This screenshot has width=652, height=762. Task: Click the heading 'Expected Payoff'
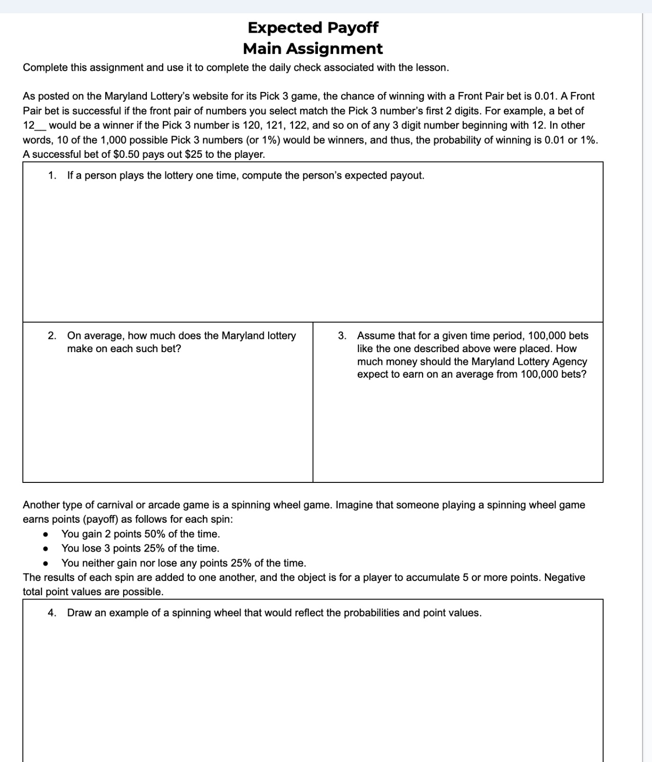pos(313,27)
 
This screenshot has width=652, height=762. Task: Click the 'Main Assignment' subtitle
pos(313,48)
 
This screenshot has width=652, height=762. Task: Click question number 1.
pos(52,176)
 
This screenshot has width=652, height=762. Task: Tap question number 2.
pos(52,336)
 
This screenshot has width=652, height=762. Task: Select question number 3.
pos(342,336)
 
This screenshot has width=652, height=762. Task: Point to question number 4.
pos(52,613)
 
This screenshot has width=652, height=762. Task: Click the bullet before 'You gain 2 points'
pos(45,535)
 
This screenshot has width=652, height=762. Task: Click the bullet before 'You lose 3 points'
pos(45,549)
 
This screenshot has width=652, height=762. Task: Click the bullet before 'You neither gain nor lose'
pos(45,563)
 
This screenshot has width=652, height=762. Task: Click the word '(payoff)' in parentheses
pos(100,519)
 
